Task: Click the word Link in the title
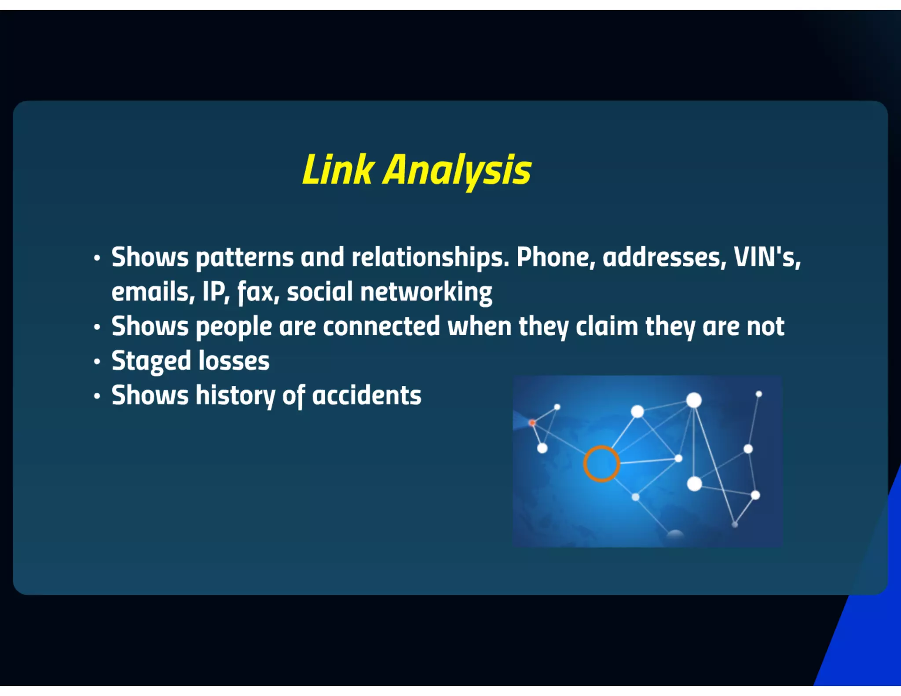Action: [x=338, y=170]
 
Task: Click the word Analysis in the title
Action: [x=457, y=170]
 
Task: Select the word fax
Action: [x=258, y=292]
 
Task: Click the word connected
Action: [x=381, y=327]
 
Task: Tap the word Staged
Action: [x=151, y=362]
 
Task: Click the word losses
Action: [x=234, y=362]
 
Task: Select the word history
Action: [x=235, y=396]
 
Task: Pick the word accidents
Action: [x=366, y=396]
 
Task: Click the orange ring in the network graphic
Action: [x=601, y=464]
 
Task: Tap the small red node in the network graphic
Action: [x=532, y=423]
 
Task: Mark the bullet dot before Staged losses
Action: [x=97, y=362]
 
